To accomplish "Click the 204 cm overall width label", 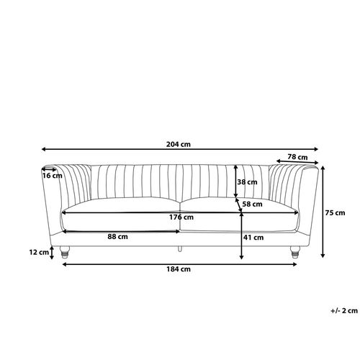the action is click(x=179, y=144).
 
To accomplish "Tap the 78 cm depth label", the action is click(x=297, y=157).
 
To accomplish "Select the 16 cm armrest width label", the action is click(x=53, y=176).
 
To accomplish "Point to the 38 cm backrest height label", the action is click(x=247, y=182).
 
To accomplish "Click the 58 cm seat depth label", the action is click(x=252, y=204).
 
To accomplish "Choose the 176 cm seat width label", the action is click(x=181, y=217).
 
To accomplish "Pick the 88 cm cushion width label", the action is click(x=117, y=237).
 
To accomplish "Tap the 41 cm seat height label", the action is click(x=253, y=238).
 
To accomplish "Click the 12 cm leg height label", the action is click(x=39, y=252).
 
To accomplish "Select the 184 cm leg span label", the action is click(x=179, y=269).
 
